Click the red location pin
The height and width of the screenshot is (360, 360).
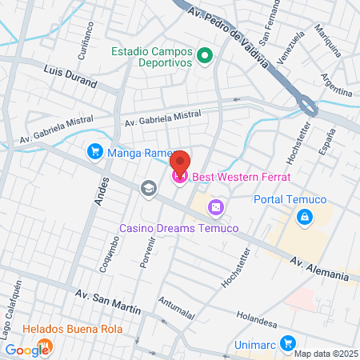(180, 162)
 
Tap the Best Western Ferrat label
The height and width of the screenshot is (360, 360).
(239, 177)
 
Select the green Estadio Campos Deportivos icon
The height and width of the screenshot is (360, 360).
(205, 56)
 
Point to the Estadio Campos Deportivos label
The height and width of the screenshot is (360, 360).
(152, 57)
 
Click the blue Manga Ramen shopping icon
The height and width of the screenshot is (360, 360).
(94, 150)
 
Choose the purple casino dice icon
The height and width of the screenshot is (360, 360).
(214, 208)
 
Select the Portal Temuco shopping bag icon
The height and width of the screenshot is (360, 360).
(304, 217)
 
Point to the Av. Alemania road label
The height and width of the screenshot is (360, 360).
(319, 268)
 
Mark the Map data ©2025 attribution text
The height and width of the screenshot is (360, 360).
(326, 353)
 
